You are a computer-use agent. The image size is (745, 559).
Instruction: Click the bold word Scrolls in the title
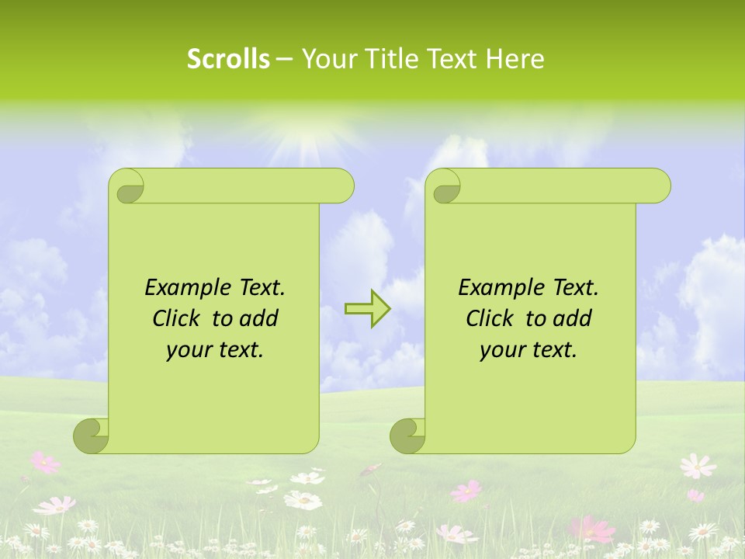point(229,59)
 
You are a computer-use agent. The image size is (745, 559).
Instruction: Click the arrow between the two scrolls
point(367,308)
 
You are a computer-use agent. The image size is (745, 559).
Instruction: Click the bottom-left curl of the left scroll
point(92,436)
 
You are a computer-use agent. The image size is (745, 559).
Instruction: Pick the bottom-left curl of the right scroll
point(408,436)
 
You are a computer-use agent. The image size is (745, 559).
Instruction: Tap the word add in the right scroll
point(574,318)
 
